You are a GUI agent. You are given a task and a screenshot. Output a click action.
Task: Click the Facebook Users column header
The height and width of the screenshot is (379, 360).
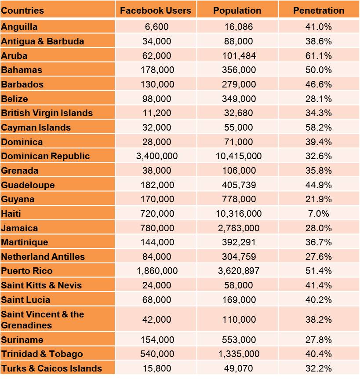click(x=156, y=11)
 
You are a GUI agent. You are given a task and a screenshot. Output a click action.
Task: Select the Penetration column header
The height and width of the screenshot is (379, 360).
click(x=319, y=11)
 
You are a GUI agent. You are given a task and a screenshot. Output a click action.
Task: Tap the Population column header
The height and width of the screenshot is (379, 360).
click(x=237, y=11)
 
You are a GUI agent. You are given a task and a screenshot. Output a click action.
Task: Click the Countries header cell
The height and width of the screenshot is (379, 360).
click(x=23, y=11)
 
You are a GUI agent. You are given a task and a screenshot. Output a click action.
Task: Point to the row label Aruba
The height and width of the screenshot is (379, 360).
click(x=14, y=56)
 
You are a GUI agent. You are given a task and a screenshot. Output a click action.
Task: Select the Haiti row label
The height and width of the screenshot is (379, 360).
click(x=11, y=214)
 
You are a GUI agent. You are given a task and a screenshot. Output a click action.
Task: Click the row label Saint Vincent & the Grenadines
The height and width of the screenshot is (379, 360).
click(x=42, y=320)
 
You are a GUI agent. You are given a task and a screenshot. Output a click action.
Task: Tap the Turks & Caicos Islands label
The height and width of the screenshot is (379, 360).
click(x=51, y=368)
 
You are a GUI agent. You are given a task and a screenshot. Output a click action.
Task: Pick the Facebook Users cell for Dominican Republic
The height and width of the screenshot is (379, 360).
click(x=157, y=156)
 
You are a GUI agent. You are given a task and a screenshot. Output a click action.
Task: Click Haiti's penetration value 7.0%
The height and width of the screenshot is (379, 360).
click(x=319, y=214)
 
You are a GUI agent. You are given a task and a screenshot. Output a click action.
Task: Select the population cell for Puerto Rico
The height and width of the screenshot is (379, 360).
click(x=237, y=271)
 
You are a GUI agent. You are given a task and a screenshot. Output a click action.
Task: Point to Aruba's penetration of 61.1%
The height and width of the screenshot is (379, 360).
click(x=319, y=56)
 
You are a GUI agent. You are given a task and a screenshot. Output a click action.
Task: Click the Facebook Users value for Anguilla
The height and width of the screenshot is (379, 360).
click(x=156, y=27)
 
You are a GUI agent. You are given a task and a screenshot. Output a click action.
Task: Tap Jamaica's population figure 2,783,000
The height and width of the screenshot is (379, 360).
click(x=237, y=228)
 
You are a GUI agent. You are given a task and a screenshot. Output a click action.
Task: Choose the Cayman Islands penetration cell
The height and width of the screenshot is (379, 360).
click(x=319, y=128)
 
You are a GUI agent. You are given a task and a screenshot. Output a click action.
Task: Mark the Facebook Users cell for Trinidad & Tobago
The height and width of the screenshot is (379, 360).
click(x=157, y=354)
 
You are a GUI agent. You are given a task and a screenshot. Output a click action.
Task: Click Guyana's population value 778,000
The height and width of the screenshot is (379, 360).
click(x=237, y=199)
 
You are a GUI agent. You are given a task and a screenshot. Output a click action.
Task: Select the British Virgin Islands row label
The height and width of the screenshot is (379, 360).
click(x=47, y=113)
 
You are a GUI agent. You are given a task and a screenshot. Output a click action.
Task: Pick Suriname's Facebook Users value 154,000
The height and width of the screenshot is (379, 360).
click(x=157, y=340)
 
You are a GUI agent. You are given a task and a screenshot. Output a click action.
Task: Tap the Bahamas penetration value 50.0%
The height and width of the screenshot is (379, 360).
click(x=319, y=70)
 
